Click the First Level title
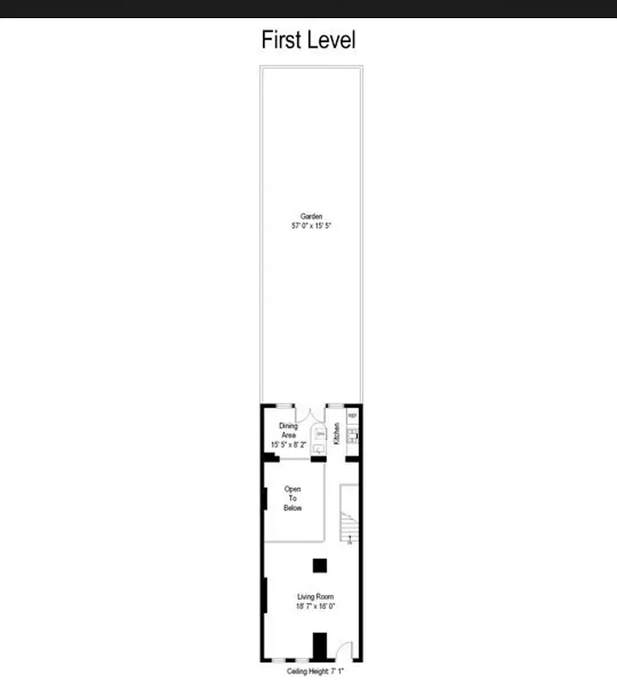point(308,40)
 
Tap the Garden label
point(311,216)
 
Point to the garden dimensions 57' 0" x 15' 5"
point(311,225)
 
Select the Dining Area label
point(288,430)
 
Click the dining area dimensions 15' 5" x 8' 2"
point(288,445)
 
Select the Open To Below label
point(293,498)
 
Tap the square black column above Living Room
point(320,566)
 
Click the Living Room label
point(315,597)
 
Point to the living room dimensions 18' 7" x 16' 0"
point(315,606)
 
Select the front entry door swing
point(344,651)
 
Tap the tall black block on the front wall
point(320,646)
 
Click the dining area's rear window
point(284,406)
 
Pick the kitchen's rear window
point(335,406)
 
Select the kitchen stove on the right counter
point(352,437)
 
